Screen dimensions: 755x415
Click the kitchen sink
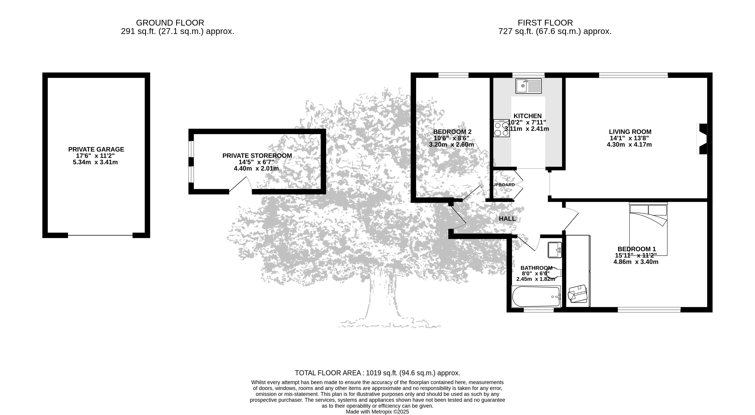[x=529, y=86]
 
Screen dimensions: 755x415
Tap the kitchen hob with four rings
[x=501, y=128]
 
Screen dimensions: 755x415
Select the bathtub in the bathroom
[x=536, y=297]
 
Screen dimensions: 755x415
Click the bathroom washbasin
[x=555, y=250]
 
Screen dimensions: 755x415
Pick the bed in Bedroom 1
[x=648, y=229]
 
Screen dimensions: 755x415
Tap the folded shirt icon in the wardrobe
[x=578, y=294]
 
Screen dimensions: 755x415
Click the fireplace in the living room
[x=702, y=139]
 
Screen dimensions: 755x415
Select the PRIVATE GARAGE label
[x=96, y=149]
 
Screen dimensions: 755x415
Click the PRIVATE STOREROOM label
[x=257, y=156]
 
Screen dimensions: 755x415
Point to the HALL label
[x=507, y=219]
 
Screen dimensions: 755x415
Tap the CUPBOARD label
[x=502, y=185]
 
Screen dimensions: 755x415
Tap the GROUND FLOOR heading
[x=170, y=23]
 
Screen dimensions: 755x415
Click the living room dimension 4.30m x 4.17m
[x=629, y=144]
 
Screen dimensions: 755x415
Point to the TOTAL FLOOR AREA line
[x=378, y=373]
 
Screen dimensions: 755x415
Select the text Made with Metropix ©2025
[x=378, y=412]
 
